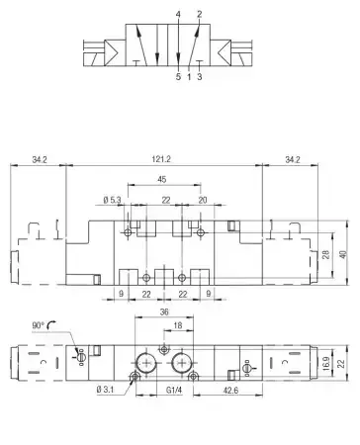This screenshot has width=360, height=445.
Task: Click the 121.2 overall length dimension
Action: (x=161, y=159)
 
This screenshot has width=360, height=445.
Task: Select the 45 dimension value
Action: (x=162, y=179)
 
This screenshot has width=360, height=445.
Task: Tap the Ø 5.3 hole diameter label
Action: (x=112, y=200)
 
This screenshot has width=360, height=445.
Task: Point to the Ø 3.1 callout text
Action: (x=105, y=390)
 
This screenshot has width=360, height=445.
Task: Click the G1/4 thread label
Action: (x=174, y=391)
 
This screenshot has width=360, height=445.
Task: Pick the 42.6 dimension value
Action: (x=230, y=391)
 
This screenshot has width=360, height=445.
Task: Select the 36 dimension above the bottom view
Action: (x=164, y=311)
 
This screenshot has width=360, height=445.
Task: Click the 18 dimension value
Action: (x=178, y=325)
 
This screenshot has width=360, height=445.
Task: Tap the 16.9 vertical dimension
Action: (x=325, y=363)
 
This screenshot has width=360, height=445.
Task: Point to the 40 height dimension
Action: (x=343, y=254)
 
